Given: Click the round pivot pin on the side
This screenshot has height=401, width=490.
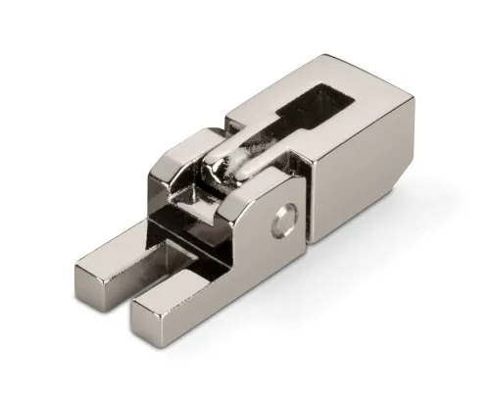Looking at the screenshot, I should point(285,221).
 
